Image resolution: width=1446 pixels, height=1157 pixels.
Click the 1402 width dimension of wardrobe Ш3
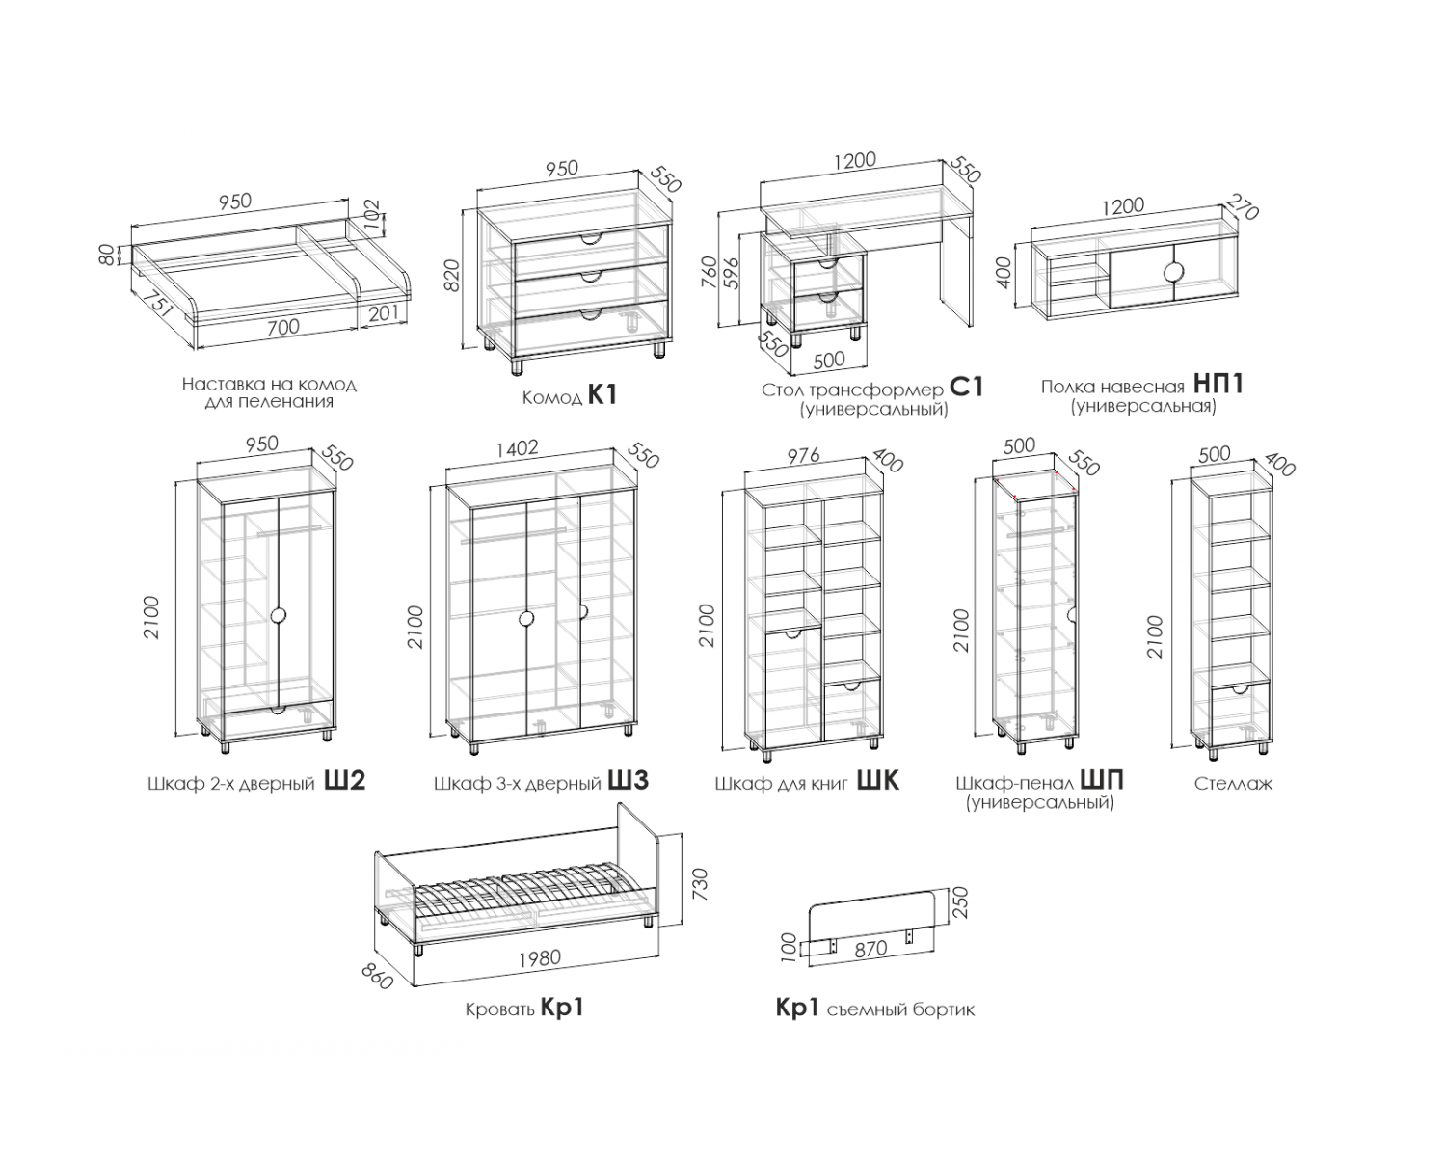click(x=518, y=448)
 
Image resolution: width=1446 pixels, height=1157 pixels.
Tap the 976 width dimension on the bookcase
click(x=804, y=455)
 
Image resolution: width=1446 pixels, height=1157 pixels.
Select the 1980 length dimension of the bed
click(x=540, y=957)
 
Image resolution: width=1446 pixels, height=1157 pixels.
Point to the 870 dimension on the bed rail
click(x=871, y=949)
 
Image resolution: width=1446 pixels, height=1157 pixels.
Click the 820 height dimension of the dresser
click(x=452, y=275)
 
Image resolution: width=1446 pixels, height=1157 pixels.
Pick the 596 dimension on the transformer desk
click(x=732, y=274)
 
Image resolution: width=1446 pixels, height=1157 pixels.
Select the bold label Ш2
click(x=345, y=780)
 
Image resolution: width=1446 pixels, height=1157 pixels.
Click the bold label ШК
click(x=878, y=780)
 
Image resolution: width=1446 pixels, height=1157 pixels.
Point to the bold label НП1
click(x=1218, y=384)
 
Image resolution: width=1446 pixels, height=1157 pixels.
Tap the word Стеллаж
click(x=1234, y=784)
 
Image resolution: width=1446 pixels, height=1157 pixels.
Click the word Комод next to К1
click(x=552, y=397)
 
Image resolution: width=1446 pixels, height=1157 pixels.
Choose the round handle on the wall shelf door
click(x=1174, y=272)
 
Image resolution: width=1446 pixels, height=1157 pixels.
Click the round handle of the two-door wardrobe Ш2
click(x=279, y=614)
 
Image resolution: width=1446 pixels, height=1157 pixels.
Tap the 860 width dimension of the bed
click(x=376, y=977)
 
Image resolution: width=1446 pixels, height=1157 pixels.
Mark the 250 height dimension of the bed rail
click(x=961, y=902)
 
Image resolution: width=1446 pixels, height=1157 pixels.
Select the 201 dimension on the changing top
click(x=385, y=312)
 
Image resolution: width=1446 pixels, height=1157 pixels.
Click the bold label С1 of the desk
click(x=966, y=388)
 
